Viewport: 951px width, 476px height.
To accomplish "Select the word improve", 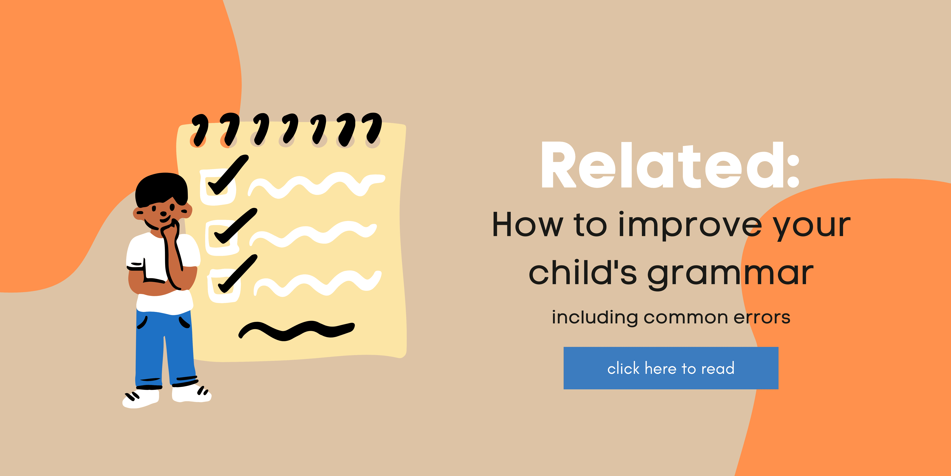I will tap(690, 225).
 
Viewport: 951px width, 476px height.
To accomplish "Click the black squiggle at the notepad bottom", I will tap(295, 330).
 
